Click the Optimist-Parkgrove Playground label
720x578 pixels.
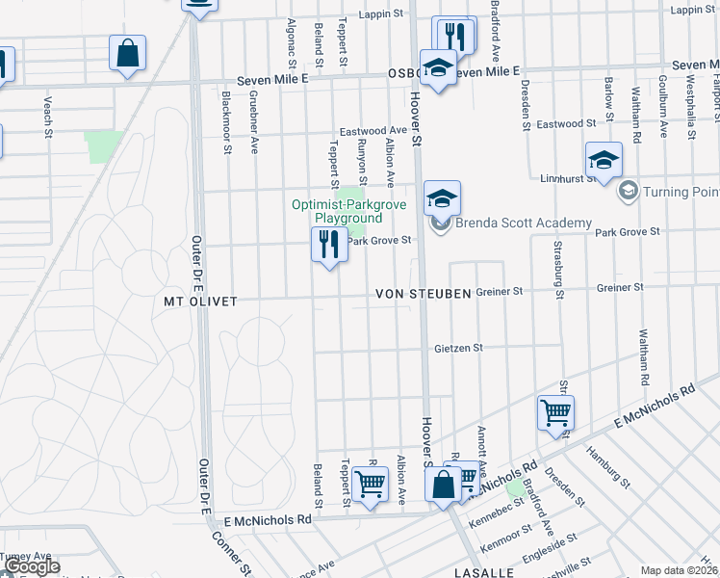(x=350, y=211)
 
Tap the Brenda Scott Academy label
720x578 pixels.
(x=524, y=223)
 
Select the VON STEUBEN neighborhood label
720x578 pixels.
(x=423, y=293)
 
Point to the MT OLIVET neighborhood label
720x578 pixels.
(x=196, y=301)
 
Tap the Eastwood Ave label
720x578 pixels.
(x=373, y=130)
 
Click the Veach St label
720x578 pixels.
(x=46, y=116)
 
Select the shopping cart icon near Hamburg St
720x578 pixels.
(x=555, y=413)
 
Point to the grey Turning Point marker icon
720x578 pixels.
(x=629, y=191)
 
